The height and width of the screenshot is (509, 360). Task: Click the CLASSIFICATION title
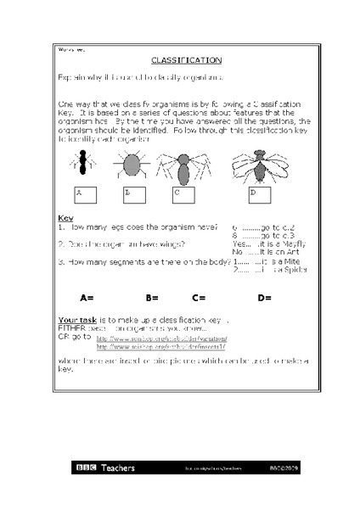186,61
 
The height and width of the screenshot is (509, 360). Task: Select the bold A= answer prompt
87,298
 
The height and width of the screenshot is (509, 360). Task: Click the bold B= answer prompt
152,298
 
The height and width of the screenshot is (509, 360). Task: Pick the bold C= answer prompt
200,298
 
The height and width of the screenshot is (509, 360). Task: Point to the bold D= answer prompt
264,298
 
